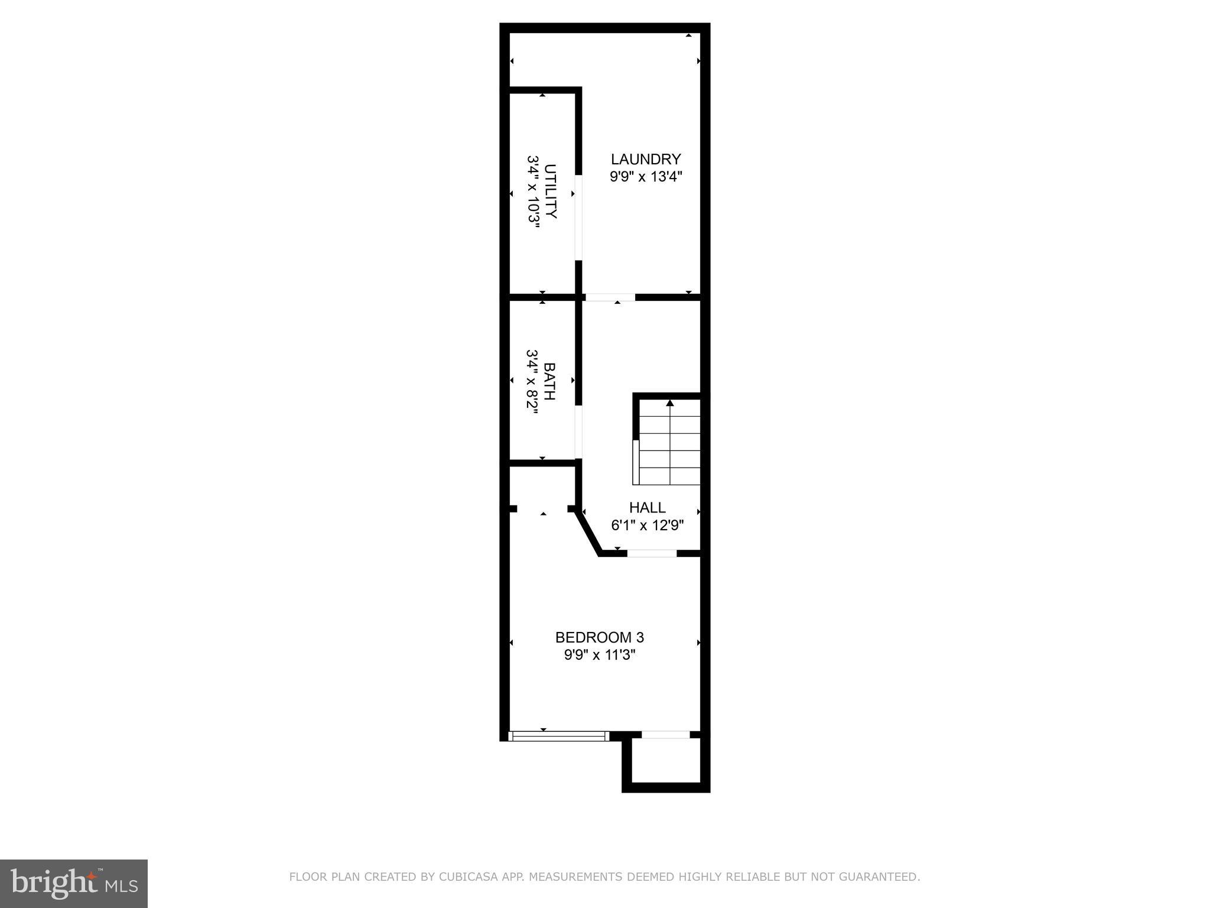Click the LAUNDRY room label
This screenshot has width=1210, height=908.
[x=646, y=159]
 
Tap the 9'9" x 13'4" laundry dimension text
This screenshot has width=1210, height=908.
[x=646, y=176]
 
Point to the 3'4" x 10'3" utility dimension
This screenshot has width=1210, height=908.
[x=534, y=192]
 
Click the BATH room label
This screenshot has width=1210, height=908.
[x=549, y=381]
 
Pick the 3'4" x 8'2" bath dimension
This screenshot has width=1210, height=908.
[x=532, y=381]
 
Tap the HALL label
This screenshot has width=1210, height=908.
[x=647, y=507]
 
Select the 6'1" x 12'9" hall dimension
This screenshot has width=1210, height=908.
[x=647, y=525]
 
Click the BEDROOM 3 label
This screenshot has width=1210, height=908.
[x=599, y=637]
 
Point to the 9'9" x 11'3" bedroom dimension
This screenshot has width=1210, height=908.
[x=599, y=655]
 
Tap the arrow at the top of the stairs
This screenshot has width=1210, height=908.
[x=669, y=403]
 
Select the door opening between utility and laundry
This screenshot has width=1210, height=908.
[x=579, y=217]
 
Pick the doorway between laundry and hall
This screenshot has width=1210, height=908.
[x=610, y=297]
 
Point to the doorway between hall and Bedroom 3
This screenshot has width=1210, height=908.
[x=652, y=553]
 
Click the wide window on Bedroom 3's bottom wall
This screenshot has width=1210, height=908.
[x=558, y=736]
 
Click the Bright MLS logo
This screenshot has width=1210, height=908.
[x=73, y=884]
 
